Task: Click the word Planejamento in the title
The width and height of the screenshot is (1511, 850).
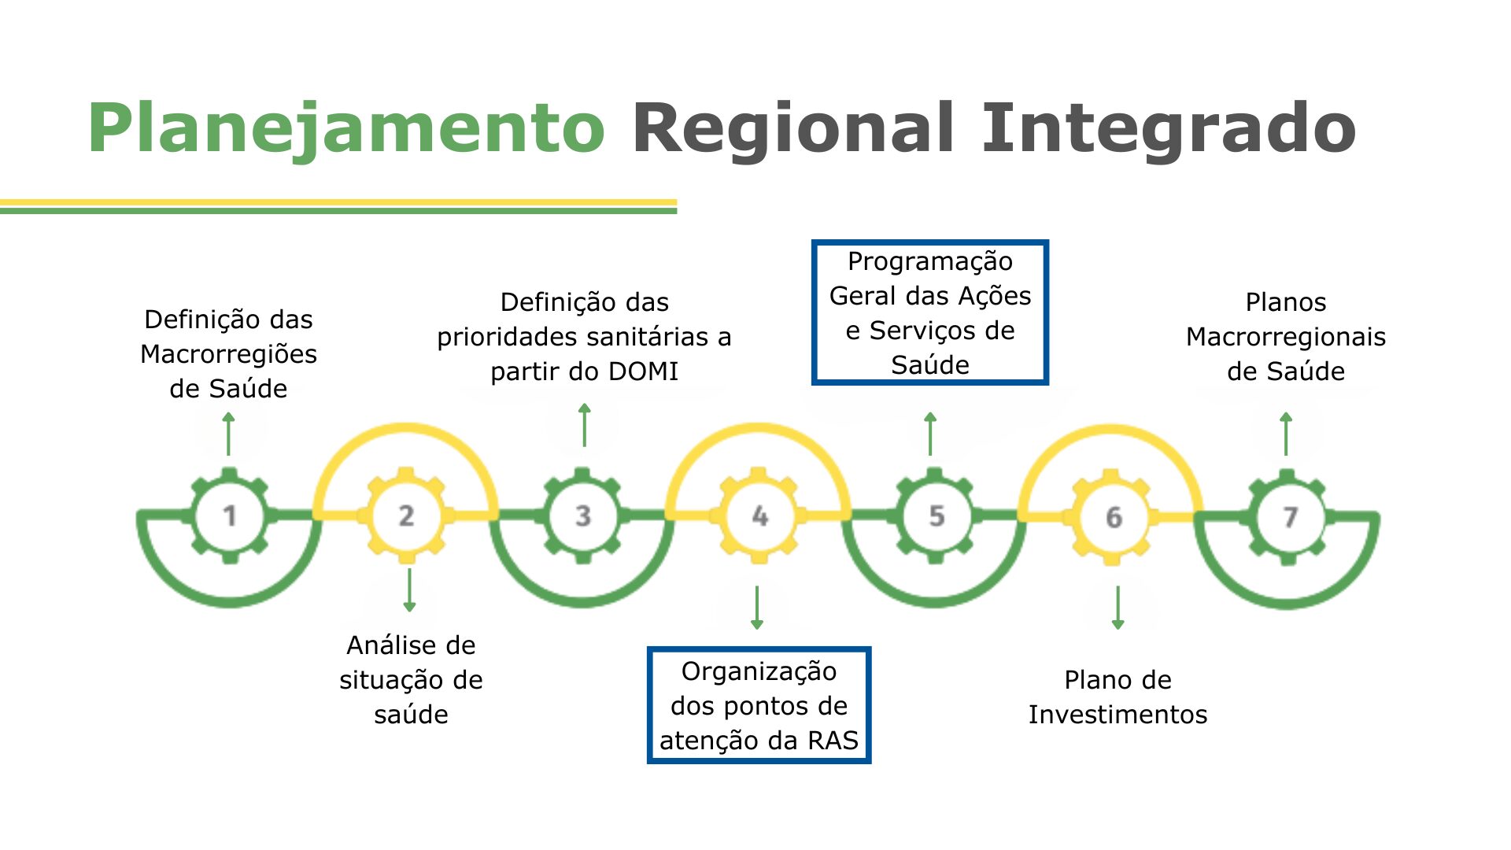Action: coord(346,128)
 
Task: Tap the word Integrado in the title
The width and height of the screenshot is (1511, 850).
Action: coord(1168,128)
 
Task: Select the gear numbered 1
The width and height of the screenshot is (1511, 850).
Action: coord(229,516)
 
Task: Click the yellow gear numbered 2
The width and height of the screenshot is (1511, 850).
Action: coord(406,516)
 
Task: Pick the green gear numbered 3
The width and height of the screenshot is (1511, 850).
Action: coord(582,516)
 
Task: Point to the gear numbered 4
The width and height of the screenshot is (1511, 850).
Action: coord(759,516)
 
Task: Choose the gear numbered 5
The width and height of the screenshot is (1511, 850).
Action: coord(936,516)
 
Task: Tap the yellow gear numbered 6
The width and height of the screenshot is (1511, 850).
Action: coord(1113,516)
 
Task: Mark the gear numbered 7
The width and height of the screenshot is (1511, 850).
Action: coord(1289,516)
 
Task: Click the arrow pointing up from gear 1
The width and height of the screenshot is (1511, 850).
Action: coord(229,434)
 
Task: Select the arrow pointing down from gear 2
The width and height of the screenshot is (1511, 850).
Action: coord(409,589)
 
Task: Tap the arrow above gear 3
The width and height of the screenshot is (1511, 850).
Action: coord(584,425)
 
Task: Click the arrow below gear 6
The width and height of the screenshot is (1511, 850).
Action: coord(1118,608)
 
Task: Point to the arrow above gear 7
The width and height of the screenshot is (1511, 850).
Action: coord(1286,434)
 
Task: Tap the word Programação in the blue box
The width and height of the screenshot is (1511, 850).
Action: coord(929,262)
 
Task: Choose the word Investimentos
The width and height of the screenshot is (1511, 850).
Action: coord(1118,715)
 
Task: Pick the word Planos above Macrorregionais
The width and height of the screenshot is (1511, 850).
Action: coord(1285,302)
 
